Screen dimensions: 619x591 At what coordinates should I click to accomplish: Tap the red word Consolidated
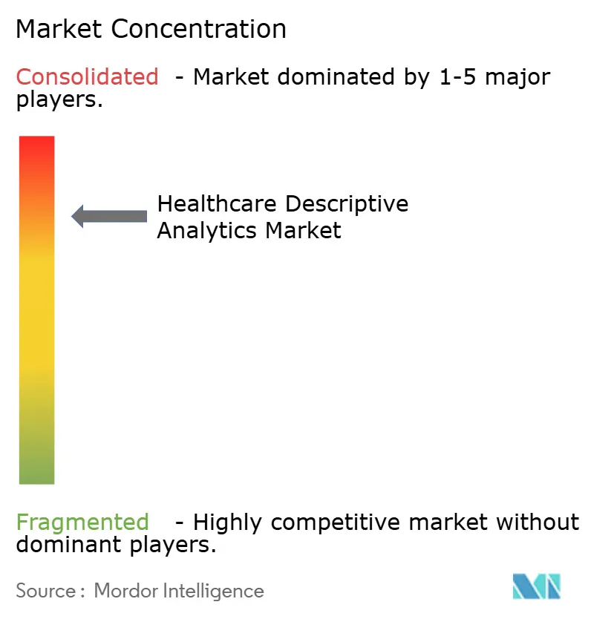tap(88, 76)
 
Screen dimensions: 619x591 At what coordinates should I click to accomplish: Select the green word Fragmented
tap(82, 523)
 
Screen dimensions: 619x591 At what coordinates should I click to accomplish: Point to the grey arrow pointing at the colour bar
tap(109, 216)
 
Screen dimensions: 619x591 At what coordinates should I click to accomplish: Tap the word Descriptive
tap(347, 203)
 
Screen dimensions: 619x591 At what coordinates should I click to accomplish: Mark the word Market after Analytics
tap(304, 230)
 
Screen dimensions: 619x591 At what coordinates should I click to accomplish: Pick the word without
tap(538, 523)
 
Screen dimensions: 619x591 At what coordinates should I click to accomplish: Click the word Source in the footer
tap(45, 591)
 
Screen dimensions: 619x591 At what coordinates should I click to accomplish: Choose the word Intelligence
tap(215, 591)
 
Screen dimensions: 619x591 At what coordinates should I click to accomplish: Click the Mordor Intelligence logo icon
tap(536, 586)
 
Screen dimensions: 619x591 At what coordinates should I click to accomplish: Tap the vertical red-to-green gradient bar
tap(37, 310)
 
